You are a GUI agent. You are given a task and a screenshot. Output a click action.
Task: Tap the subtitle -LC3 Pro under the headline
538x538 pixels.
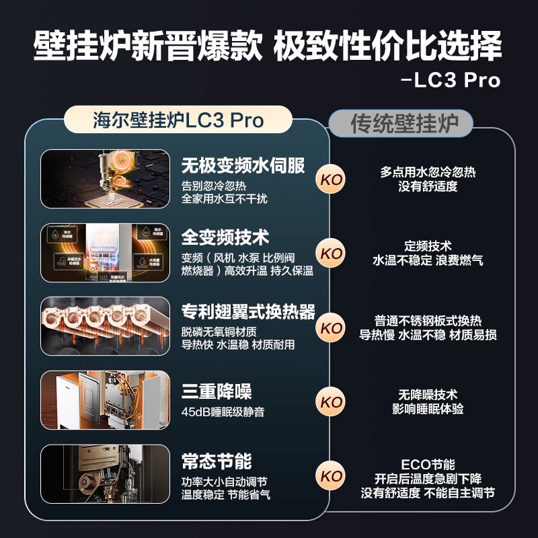tap(450, 80)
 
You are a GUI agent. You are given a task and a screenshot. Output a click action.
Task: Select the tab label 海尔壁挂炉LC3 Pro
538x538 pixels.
tap(178, 120)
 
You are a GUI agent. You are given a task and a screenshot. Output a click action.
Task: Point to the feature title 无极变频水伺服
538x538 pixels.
tap(243, 165)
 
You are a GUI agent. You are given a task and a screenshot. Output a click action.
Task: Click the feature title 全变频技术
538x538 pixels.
tap(225, 237)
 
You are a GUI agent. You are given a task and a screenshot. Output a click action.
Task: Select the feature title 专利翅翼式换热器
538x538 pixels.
tap(248, 312)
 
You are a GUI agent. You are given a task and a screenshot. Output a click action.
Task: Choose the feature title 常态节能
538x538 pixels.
tap(216, 461)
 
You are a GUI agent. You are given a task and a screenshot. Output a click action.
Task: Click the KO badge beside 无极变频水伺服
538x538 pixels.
tap(332, 180)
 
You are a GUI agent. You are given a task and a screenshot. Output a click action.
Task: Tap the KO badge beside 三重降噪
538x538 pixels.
tap(332, 402)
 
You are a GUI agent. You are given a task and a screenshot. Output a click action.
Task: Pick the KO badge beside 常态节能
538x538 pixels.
tap(332, 476)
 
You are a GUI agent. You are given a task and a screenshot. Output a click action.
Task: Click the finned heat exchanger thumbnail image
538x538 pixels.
tap(105, 326)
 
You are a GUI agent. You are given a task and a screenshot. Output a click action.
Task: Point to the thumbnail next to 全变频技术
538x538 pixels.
tap(105, 252)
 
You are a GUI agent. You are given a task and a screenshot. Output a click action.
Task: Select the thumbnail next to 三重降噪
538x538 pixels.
tap(105, 400)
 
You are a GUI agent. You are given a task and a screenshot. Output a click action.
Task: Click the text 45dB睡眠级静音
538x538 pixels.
tap(223, 412)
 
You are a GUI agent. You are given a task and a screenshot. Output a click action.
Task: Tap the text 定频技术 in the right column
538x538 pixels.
tap(428, 246)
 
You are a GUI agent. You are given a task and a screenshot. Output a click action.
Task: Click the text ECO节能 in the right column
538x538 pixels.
tap(428, 465)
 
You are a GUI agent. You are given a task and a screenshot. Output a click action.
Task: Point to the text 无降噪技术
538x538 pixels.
tap(428, 395)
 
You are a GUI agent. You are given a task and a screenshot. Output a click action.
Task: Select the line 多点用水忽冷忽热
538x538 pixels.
tap(428, 172)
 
